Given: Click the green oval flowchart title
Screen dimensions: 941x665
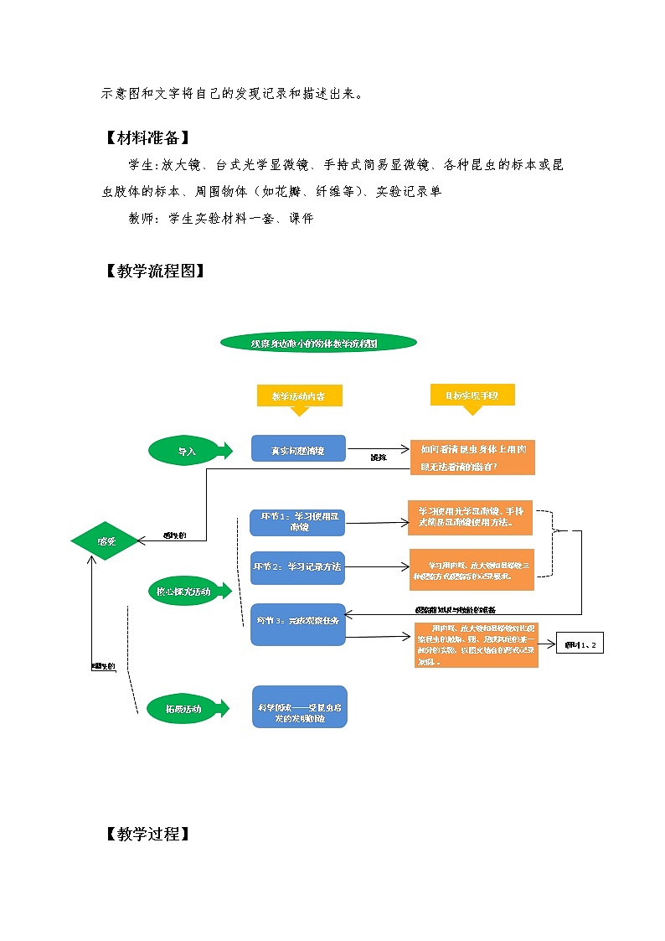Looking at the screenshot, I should pyautogui.click(x=318, y=342).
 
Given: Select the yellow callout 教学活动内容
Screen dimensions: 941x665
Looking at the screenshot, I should pyautogui.click(x=299, y=396).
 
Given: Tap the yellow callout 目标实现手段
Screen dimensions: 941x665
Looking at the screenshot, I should pyautogui.click(x=472, y=395).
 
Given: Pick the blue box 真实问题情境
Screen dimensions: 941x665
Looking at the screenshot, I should pyautogui.click(x=298, y=449).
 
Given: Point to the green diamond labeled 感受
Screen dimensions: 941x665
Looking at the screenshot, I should pyautogui.click(x=106, y=541).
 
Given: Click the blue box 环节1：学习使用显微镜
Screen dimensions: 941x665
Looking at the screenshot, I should pyautogui.click(x=298, y=522).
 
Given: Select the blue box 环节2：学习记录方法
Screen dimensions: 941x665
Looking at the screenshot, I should pyautogui.click(x=297, y=567).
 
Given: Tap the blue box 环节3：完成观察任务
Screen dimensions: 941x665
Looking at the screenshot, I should pyautogui.click(x=297, y=624).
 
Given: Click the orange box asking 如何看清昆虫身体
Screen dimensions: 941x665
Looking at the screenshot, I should pyautogui.click(x=472, y=458).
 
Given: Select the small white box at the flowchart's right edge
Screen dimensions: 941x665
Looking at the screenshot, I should pyautogui.click(x=580, y=644).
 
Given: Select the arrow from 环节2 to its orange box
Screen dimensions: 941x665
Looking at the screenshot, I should pyautogui.click(x=376, y=567).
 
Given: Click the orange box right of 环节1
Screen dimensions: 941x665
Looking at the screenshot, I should pyautogui.click(x=470, y=518).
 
